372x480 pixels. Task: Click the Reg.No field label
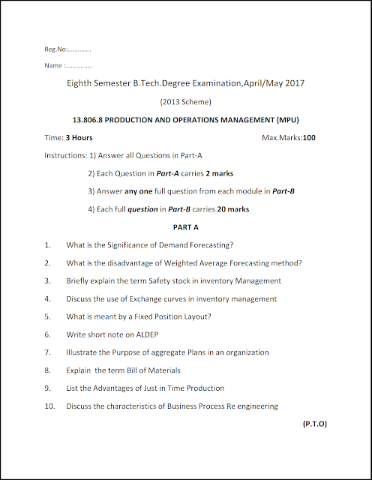[56, 50]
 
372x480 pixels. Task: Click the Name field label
[54, 66]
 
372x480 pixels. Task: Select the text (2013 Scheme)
[186, 101]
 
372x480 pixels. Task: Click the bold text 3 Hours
[79, 138]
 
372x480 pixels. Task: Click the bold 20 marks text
[232, 209]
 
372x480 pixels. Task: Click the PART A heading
[185, 226]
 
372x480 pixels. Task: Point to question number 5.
[47, 316]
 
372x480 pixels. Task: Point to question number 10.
[49, 406]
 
